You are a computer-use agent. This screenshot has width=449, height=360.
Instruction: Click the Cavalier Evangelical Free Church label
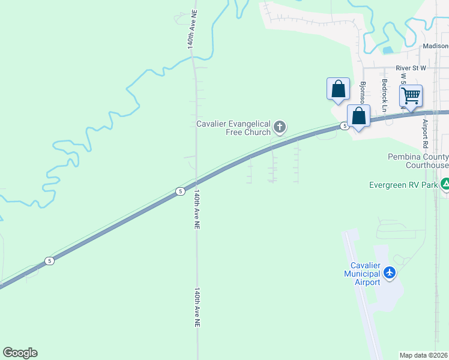click(x=234, y=128)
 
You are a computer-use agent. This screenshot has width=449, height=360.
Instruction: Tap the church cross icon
click(x=279, y=127)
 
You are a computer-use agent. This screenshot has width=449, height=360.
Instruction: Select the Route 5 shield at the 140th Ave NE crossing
click(x=180, y=191)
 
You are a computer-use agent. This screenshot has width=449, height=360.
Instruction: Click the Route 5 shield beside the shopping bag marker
click(x=344, y=125)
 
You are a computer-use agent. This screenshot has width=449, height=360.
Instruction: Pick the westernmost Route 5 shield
click(x=49, y=260)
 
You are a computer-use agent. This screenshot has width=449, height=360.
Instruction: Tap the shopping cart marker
click(x=411, y=95)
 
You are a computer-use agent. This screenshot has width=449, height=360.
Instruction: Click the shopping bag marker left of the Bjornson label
click(x=339, y=89)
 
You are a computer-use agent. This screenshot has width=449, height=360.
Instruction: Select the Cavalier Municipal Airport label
click(x=362, y=274)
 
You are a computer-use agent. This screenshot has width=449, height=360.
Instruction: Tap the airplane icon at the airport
click(x=390, y=273)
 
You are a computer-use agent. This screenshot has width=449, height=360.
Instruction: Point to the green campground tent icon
click(x=445, y=184)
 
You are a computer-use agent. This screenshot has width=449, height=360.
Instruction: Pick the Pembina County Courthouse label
click(x=418, y=161)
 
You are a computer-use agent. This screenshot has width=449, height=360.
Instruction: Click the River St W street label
click(x=411, y=68)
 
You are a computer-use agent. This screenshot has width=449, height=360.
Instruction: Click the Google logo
click(x=20, y=353)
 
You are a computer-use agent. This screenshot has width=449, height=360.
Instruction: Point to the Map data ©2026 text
click(x=424, y=355)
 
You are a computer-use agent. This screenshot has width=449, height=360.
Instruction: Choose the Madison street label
click(x=435, y=46)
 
